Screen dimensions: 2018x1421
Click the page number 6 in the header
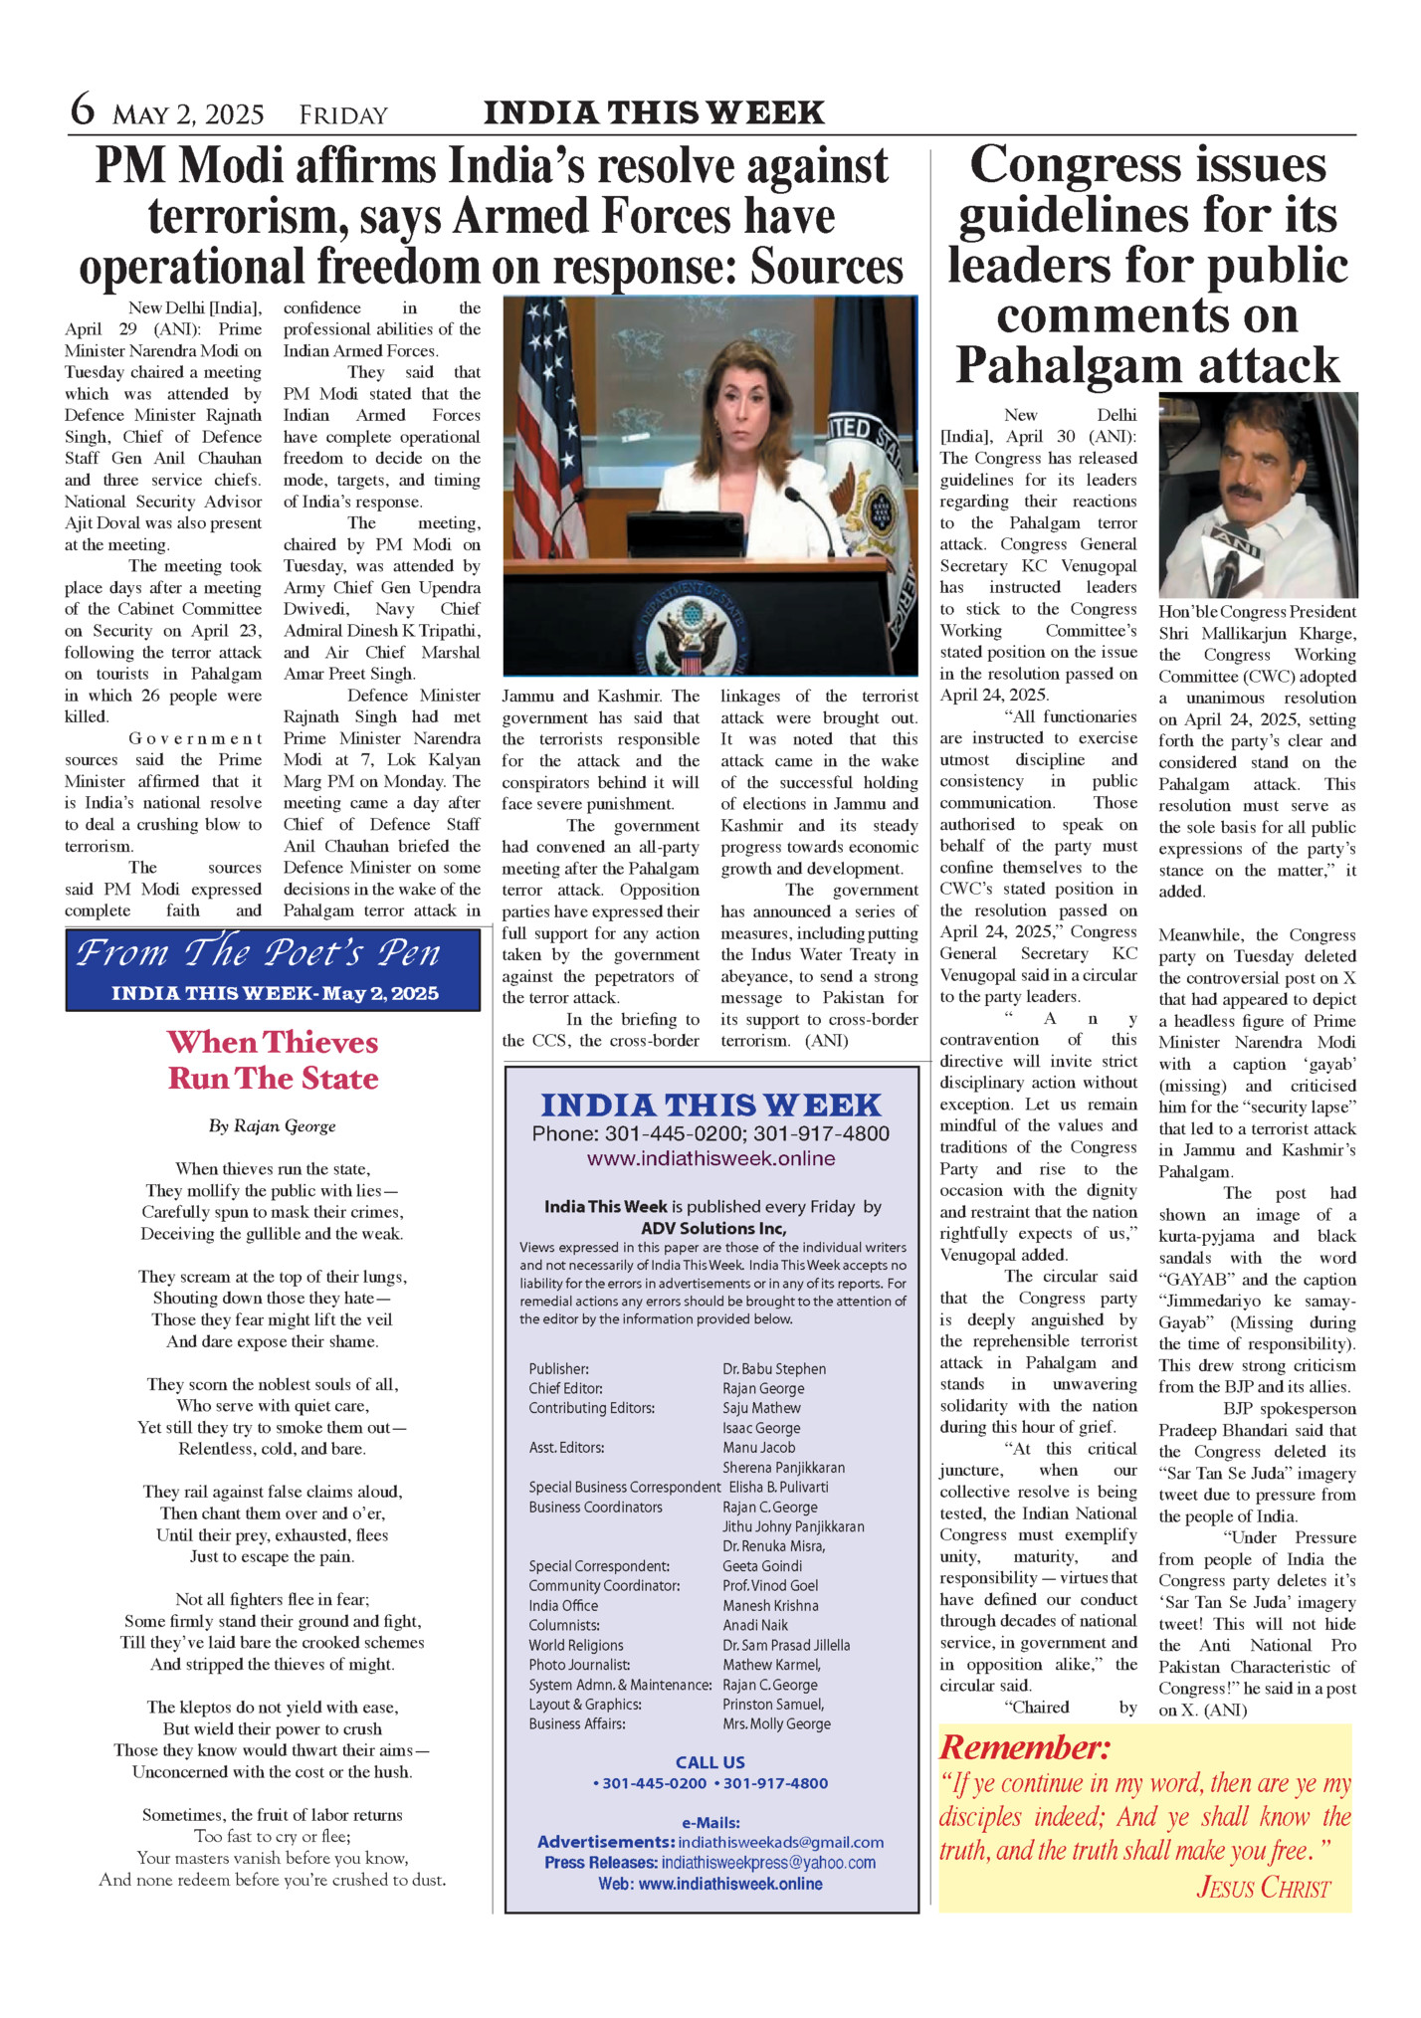point(82,109)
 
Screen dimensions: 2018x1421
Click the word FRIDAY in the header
point(343,115)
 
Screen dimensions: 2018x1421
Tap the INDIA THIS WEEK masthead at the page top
point(654,113)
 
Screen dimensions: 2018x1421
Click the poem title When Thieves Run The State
point(273,1060)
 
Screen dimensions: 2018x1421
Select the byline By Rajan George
point(273,1126)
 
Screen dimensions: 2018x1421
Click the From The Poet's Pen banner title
point(259,953)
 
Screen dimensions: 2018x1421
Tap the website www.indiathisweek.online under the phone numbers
point(710,1158)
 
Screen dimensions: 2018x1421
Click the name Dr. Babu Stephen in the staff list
point(774,1369)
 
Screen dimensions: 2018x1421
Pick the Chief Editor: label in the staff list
point(565,1388)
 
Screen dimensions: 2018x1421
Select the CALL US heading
point(710,1762)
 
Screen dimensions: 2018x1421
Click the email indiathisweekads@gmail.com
point(781,1842)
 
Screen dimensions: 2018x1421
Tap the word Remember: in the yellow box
point(1025,1747)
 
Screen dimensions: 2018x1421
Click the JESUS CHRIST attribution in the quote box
point(1263,1887)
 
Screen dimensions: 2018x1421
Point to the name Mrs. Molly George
point(776,1723)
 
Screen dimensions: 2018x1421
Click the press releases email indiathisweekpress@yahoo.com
point(768,1862)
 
